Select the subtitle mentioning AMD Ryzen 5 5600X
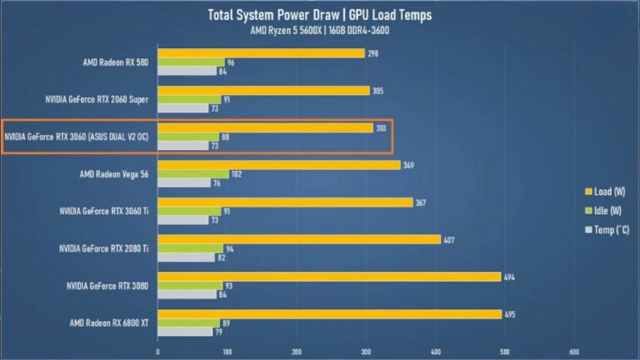pos(319,32)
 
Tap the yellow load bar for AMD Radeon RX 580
pos(261,53)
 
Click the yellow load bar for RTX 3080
pos(329,277)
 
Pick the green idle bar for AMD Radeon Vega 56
pos(193,174)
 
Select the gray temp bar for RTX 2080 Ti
pos(186,258)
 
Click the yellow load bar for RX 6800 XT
pos(330,314)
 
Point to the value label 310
pos(381,127)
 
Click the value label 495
pos(510,314)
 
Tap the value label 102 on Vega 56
pos(237,174)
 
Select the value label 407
pos(448,239)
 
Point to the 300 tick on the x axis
pos(365,351)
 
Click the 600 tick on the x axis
pos(574,351)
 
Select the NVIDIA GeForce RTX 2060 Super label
pos(97,99)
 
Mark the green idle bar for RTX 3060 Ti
pos(189,212)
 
